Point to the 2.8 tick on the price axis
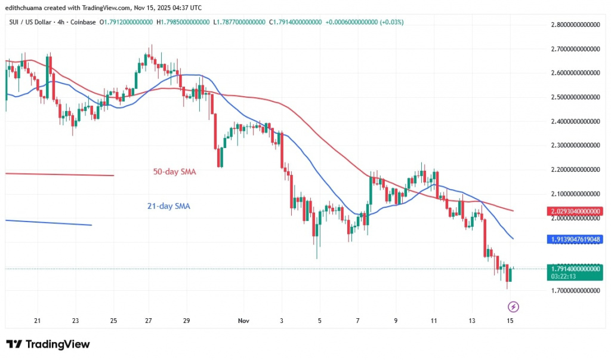tap(575, 25)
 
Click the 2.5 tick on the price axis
tap(575, 97)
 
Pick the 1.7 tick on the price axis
tap(575, 291)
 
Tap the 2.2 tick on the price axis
tap(575, 170)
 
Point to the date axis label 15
tap(510, 321)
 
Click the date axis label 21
tap(37, 321)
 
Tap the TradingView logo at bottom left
tap(48, 344)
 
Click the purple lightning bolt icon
tap(512, 307)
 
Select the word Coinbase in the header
tap(84, 22)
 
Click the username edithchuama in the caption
tap(24, 8)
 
